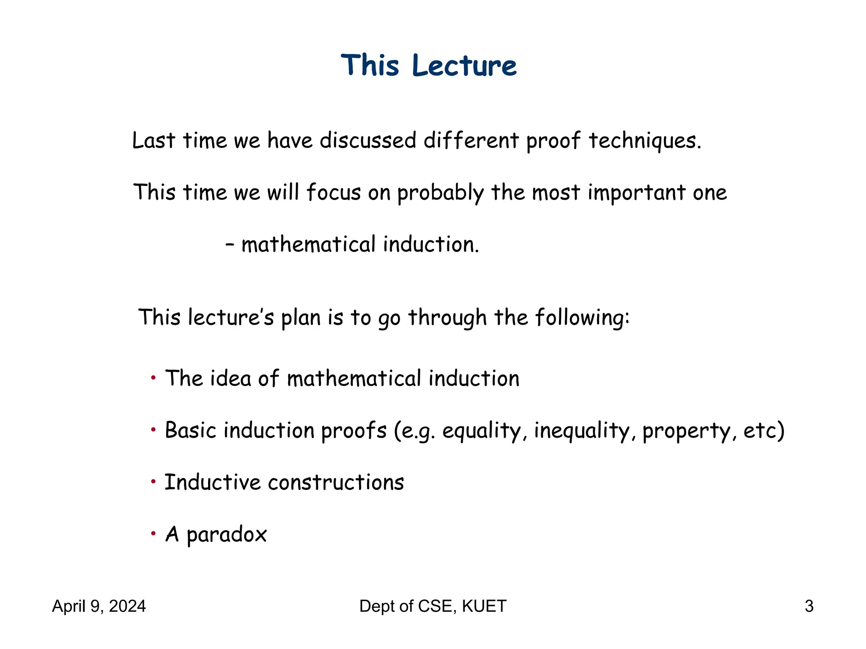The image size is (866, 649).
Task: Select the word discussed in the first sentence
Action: click(x=368, y=140)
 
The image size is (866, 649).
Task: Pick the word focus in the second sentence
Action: click(x=333, y=192)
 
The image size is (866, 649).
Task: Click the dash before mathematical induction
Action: click(x=230, y=245)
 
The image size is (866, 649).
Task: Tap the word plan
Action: click(x=301, y=318)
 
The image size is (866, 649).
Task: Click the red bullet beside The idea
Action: click(x=153, y=377)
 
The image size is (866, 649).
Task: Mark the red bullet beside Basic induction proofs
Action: click(x=153, y=430)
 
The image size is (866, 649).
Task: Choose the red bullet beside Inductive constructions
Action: click(x=153, y=481)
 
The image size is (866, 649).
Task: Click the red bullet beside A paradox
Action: click(x=153, y=533)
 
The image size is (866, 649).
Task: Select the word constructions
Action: click(x=336, y=483)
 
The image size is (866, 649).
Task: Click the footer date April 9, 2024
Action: click(x=99, y=606)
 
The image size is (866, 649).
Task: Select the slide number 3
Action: click(x=809, y=606)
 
